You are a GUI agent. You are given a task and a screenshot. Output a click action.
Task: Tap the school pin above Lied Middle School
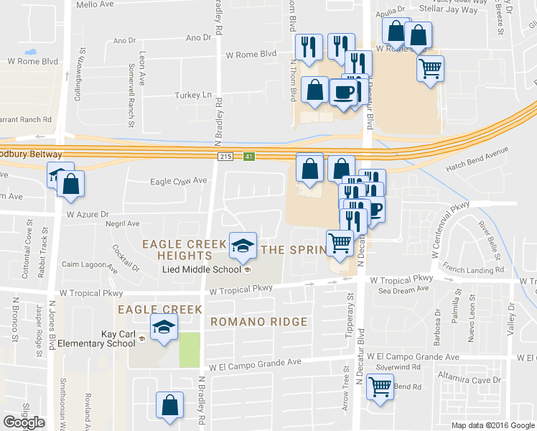tap(243, 245)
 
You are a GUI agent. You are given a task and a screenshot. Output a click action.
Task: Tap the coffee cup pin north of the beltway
tap(343, 92)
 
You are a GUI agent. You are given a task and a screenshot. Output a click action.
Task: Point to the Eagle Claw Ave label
tap(178, 182)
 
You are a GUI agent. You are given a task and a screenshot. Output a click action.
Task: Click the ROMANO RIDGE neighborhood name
tap(258, 322)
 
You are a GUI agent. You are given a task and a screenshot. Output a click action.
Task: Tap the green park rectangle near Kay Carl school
tap(188, 350)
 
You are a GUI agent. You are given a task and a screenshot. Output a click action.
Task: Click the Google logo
tap(24, 422)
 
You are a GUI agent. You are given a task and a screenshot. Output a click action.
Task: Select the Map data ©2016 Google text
tap(492, 425)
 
